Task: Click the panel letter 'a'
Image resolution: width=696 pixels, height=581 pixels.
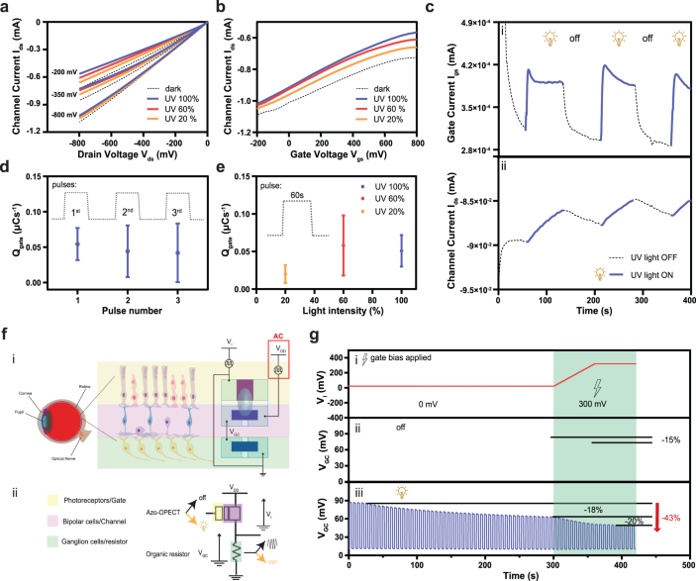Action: (7, 8)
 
